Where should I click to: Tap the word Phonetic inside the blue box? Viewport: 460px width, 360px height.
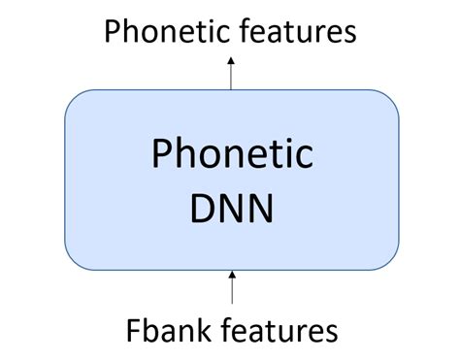pyautogui.click(x=232, y=156)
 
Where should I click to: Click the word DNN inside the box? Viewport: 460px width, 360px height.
pyautogui.click(x=232, y=206)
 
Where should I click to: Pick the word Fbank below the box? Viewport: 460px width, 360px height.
pyautogui.click(x=166, y=330)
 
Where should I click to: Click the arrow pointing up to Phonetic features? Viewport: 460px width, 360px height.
pyautogui.click(x=231, y=73)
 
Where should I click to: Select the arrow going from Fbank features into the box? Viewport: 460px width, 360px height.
pyautogui.click(x=231, y=289)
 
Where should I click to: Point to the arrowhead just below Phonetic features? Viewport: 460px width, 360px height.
pyautogui.click(x=231, y=60)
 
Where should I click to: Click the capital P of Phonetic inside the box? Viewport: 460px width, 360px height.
pyautogui.click(x=161, y=156)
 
